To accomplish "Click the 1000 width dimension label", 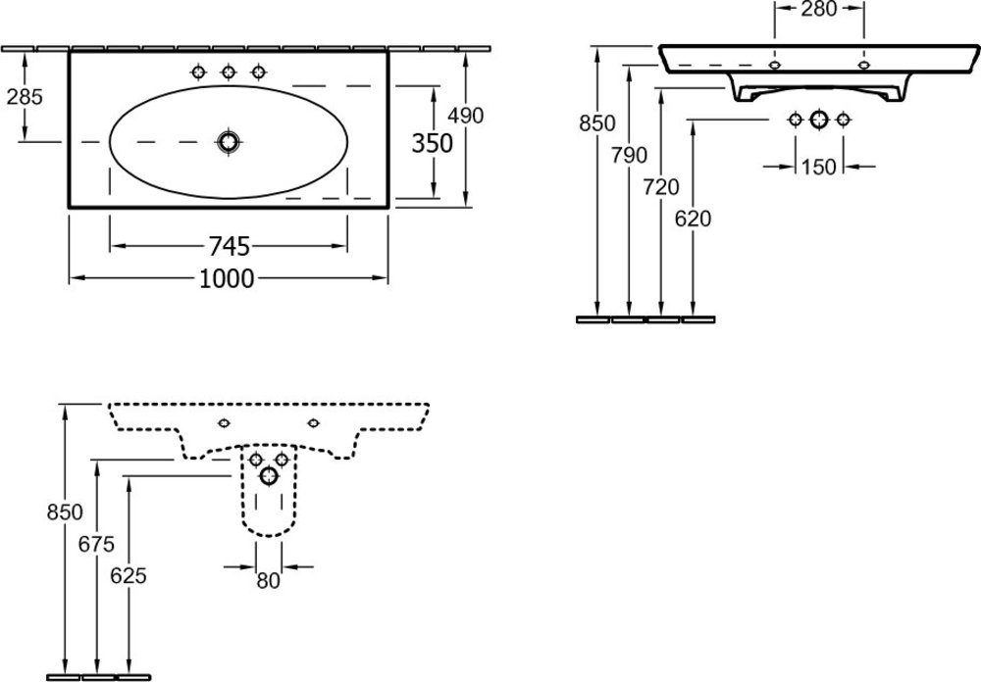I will pos(228,279).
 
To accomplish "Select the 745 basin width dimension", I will pos(228,245).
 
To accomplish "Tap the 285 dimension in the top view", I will pos(26,98).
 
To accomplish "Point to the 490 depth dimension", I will pos(465,115).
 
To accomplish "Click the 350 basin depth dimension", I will pos(432,143).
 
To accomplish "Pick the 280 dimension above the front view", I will pos(818,11).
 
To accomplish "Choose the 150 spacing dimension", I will pos(818,167).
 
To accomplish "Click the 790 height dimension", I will pos(630,155).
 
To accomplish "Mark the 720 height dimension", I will pos(662,186).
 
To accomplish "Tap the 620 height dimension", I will pos(694,219).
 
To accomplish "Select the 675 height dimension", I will pos(97,544).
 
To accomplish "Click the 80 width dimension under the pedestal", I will pos(268,580).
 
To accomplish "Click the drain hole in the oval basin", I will pos(230,142).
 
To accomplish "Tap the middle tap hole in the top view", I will pos(229,72).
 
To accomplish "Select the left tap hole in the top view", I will pos(199,72).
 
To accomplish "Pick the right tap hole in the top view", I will pos(259,72).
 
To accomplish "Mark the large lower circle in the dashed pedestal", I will pos(268,476).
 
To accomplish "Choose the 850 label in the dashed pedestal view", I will pos(65,511).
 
